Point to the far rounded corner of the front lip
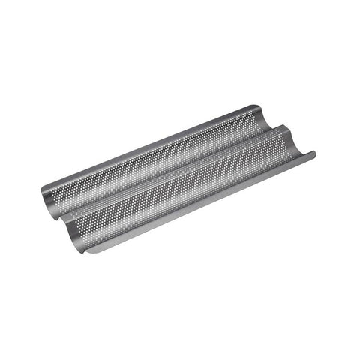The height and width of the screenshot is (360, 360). (x=316, y=154)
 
